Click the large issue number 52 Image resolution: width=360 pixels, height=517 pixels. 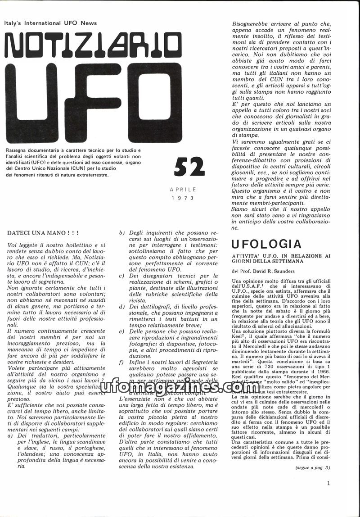(189, 167)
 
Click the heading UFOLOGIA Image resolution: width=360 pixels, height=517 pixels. (266, 244)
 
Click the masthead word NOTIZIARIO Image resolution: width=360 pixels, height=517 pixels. (92, 45)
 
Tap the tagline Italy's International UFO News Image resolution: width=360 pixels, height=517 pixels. (50, 23)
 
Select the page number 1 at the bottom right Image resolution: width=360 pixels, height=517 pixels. (329, 484)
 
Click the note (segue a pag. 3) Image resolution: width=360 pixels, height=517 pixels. (313, 467)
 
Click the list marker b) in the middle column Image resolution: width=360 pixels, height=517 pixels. (121, 233)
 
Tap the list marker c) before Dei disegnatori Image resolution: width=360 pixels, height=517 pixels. (121, 276)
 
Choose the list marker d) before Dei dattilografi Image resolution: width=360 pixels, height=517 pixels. (121, 307)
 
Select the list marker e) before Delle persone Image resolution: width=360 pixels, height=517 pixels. (121, 331)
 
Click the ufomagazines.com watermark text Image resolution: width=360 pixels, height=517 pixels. (180, 386)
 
